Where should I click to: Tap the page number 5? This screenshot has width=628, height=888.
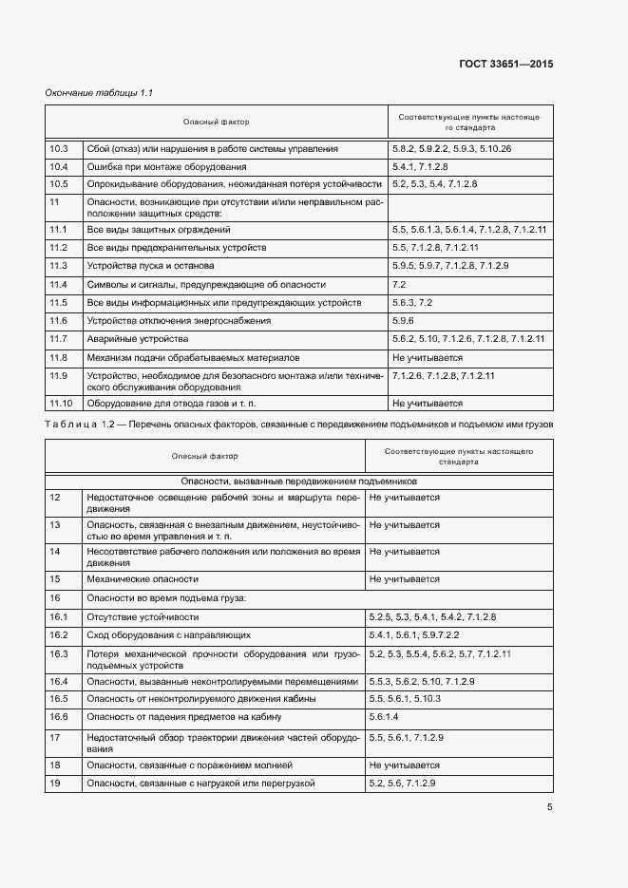point(550,808)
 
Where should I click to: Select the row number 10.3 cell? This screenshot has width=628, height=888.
point(59,149)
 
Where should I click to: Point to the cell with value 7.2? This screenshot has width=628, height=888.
point(399,284)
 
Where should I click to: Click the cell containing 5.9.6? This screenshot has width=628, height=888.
point(403,321)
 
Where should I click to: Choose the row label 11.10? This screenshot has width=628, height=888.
point(61,403)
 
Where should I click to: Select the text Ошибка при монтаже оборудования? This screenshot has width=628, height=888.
point(165,167)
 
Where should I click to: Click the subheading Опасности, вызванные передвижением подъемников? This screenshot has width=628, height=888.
point(299,482)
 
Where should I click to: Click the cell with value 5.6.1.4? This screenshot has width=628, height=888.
point(388,717)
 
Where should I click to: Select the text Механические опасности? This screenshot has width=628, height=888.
point(142,578)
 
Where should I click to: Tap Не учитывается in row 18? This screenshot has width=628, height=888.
point(404,765)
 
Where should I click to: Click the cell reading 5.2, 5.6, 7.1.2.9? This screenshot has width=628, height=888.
point(402,784)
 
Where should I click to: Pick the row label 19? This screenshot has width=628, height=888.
point(54,784)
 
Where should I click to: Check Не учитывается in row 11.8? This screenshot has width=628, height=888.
point(427,358)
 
